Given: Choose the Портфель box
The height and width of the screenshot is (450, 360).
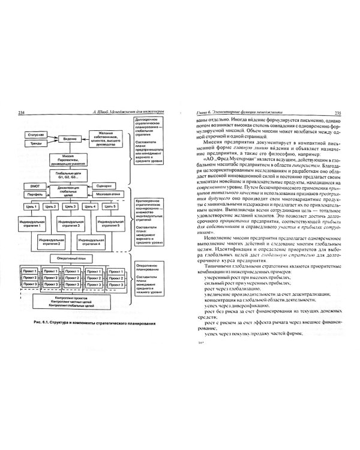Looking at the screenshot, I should [x=32, y=195].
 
